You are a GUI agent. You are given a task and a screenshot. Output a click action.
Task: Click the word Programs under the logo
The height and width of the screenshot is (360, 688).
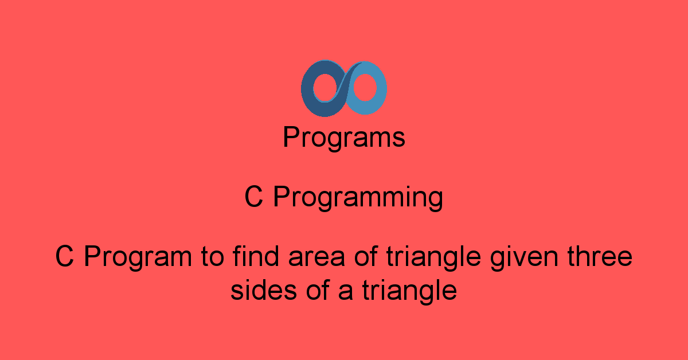pyautogui.click(x=344, y=138)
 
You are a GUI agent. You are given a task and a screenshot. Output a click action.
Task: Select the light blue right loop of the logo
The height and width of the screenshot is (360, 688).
pyautogui.click(x=381, y=89)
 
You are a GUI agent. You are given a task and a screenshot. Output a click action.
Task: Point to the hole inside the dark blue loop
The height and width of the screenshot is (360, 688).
pyautogui.click(x=325, y=88)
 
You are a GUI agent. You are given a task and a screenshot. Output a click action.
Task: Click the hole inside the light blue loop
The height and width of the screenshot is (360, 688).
pyautogui.click(x=365, y=88)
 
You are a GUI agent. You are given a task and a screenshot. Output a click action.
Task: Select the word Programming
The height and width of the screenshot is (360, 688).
pyautogui.click(x=358, y=198)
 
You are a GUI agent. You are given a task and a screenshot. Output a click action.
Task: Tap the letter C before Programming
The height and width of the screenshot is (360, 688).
pyautogui.click(x=253, y=197)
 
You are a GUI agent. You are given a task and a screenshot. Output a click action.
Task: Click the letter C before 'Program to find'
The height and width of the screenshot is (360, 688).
pyautogui.click(x=64, y=256)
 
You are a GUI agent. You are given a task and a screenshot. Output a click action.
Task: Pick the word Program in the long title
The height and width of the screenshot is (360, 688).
pyautogui.click(x=138, y=258)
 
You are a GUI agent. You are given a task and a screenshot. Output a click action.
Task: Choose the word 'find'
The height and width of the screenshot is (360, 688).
pyautogui.click(x=256, y=256)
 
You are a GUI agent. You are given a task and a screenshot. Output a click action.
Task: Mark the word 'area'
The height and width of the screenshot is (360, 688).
pyautogui.click(x=316, y=259)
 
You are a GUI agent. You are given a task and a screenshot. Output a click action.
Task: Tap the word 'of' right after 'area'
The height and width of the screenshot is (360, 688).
pyautogui.click(x=366, y=256)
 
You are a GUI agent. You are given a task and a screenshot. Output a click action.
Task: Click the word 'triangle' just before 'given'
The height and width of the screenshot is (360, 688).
pyautogui.click(x=433, y=258)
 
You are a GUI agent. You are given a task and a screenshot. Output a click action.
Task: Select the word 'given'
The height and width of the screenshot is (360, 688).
pyautogui.click(x=524, y=258)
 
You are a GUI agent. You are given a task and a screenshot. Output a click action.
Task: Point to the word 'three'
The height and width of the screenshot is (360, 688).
pyautogui.click(x=600, y=256)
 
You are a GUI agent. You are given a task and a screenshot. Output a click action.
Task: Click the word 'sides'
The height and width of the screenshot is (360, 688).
pyautogui.click(x=264, y=289)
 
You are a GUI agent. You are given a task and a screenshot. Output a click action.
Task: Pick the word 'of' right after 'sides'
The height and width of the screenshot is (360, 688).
pyautogui.click(x=318, y=289)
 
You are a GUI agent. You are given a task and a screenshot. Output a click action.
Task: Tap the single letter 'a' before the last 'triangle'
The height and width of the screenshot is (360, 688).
pyautogui.click(x=346, y=292)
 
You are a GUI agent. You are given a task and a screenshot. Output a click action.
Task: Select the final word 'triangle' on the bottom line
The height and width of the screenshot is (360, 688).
pyautogui.click(x=410, y=292)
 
